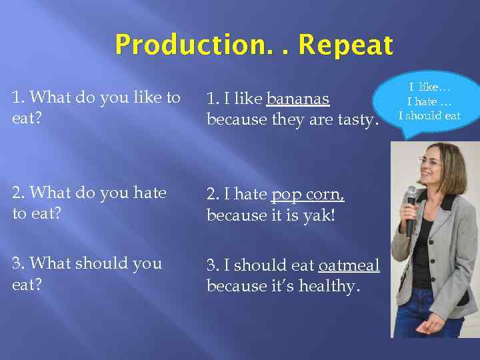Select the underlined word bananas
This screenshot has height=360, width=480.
pyautogui.click(x=297, y=99)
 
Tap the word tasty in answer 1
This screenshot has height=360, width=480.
pyautogui.click(x=357, y=121)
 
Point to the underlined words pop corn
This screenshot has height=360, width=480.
pyautogui.click(x=308, y=194)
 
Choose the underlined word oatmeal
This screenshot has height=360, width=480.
pyautogui.click(x=349, y=265)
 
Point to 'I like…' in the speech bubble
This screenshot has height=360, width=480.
pyautogui.click(x=429, y=87)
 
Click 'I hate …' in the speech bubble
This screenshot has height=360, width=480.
pyautogui.click(x=429, y=101)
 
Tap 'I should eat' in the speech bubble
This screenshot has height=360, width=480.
pyautogui.click(x=429, y=115)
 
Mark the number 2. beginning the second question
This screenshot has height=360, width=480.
pyautogui.click(x=19, y=193)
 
